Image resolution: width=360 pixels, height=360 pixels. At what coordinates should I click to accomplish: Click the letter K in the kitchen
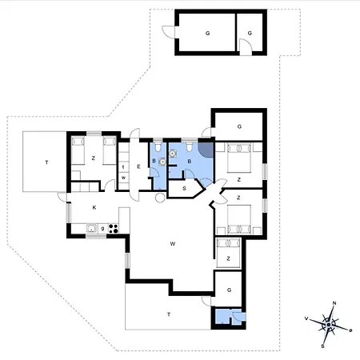click(94, 207)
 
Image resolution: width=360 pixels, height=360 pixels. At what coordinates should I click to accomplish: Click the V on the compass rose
click(307, 318)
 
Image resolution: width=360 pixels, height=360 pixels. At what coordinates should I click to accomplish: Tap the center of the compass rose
click(329, 323)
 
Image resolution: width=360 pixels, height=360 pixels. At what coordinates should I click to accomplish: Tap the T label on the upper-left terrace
click(47, 162)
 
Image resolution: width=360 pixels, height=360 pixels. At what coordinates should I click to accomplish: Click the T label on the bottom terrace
click(169, 314)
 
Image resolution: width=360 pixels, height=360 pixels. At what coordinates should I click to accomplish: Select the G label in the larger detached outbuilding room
click(207, 33)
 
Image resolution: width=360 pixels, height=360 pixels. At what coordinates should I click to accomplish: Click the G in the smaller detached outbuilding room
click(250, 33)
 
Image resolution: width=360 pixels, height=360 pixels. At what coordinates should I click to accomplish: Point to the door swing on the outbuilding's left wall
click(167, 33)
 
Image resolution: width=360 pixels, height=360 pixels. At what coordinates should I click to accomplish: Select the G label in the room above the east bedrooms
click(239, 126)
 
